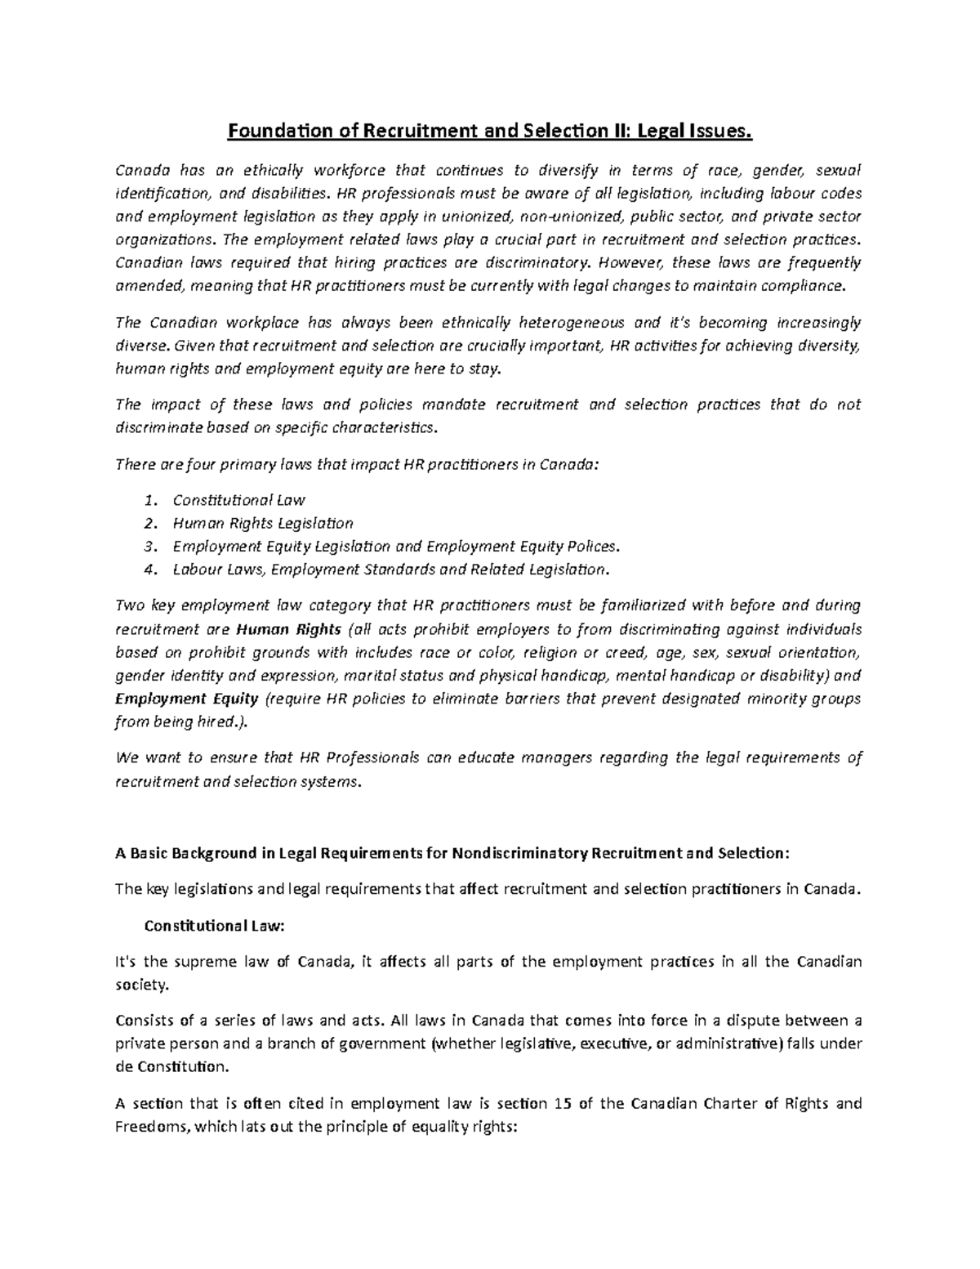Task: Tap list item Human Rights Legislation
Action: click(263, 523)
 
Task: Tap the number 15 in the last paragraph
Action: click(562, 1104)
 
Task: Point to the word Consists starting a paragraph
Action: click(141, 1020)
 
